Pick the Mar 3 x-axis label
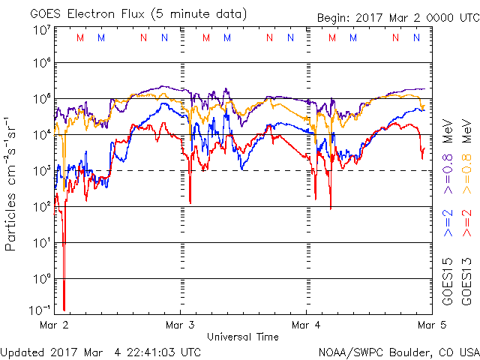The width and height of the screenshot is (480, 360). (180, 325)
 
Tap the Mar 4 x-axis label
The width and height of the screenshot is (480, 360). (306, 325)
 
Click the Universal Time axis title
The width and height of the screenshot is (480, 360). (242, 337)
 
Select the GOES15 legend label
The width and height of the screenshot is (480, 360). (447, 281)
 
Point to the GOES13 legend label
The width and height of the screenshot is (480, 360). (466, 281)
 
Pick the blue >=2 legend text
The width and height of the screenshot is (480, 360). (447, 223)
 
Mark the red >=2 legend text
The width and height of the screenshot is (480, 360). (466, 223)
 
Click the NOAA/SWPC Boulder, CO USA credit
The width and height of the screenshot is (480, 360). (397, 352)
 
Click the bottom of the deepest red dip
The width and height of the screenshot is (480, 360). (64, 309)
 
